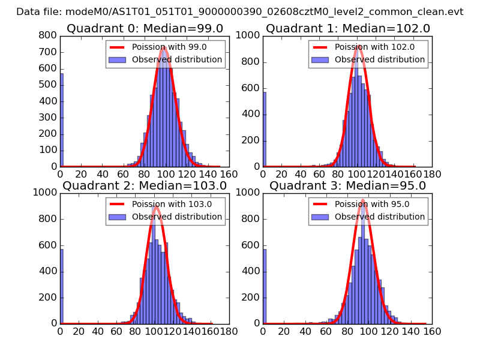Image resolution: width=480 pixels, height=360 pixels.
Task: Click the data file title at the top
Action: tap(239, 11)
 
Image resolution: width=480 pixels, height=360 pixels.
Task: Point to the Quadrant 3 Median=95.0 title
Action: tap(347, 185)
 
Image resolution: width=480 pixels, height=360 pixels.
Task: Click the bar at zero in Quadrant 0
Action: tap(62, 120)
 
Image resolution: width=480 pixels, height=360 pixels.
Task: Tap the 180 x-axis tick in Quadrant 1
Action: tap(432, 174)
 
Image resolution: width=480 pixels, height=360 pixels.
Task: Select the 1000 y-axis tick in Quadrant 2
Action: tap(46, 193)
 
